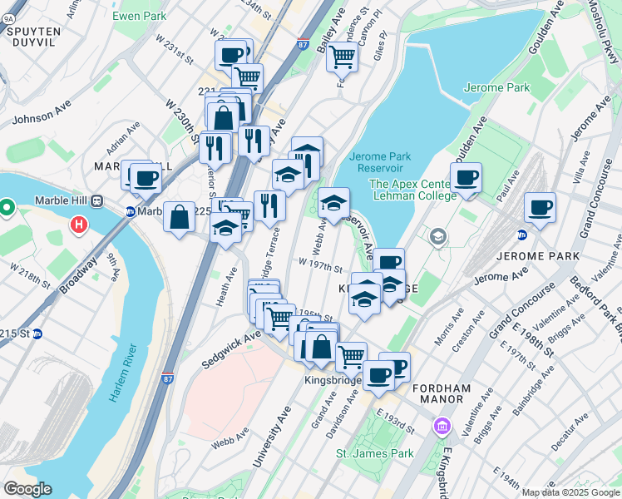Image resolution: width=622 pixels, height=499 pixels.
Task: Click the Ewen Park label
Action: pyautogui.click(x=138, y=15)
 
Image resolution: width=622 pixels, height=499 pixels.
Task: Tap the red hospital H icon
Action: pyautogui.click(x=79, y=225)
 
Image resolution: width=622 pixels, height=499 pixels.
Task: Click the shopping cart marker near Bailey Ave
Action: pyautogui.click(x=342, y=57)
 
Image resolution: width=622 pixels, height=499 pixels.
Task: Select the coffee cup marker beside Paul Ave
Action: pyautogui.click(x=466, y=176)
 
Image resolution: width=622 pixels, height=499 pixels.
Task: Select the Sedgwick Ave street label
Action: pyautogui.click(x=231, y=348)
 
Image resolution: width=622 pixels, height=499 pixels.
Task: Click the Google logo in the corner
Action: pyautogui.click(x=27, y=489)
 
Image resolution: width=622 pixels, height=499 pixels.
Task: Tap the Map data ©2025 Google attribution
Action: pyautogui.click(x=570, y=492)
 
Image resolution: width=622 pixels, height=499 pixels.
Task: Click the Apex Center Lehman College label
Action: pyautogui.click(x=412, y=190)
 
